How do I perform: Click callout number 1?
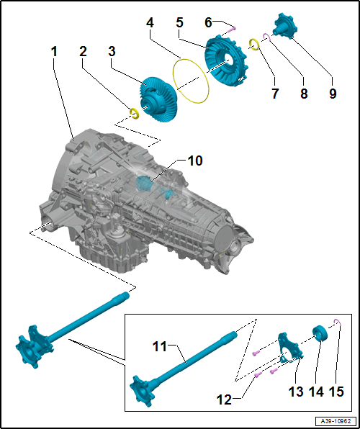[54, 52]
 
